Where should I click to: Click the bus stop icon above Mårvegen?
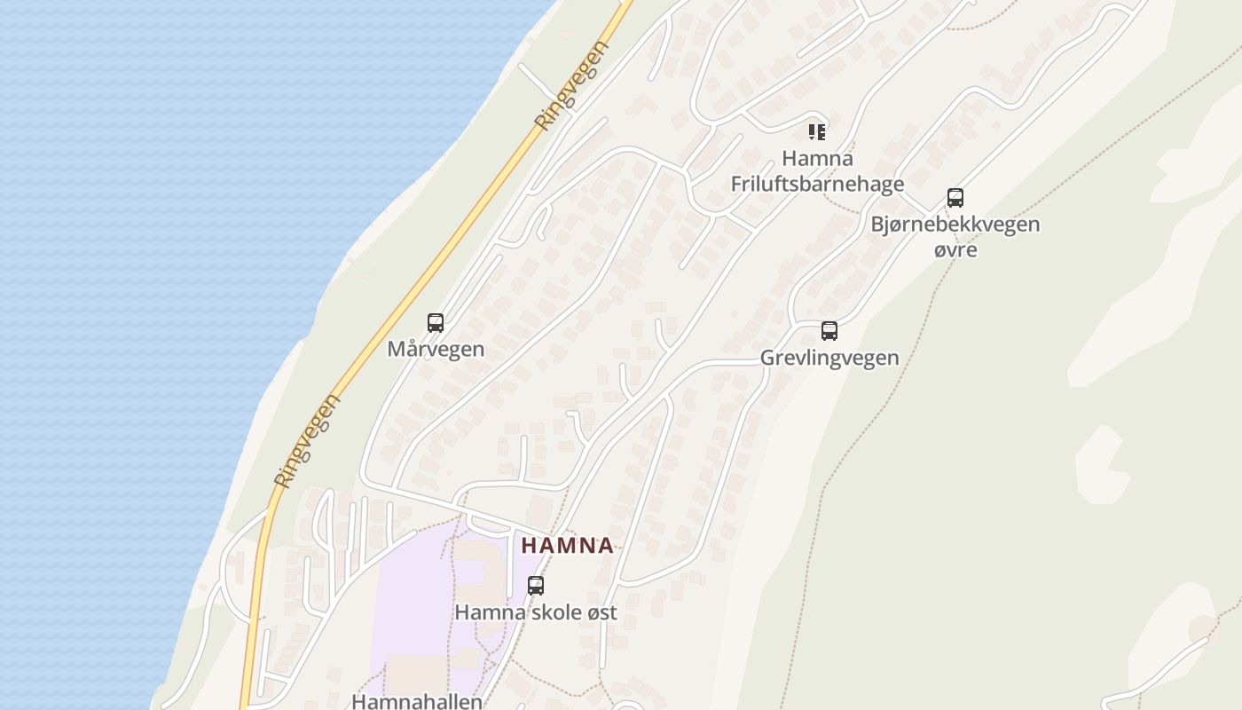(436, 323)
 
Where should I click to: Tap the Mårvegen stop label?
(436, 349)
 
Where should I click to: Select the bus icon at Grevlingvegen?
(829, 331)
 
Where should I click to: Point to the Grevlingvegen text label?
(829, 358)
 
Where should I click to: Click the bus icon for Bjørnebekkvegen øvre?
(955, 198)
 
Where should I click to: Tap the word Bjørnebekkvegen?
(955, 225)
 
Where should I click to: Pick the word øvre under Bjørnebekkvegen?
(955, 249)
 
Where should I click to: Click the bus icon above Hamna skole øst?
(536, 586)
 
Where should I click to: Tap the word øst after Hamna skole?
(600, 612)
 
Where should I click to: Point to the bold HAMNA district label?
(568, 545)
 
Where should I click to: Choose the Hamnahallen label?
(417, 701)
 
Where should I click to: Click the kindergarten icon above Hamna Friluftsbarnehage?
(817, 133)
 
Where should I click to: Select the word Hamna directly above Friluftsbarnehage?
(817, 159)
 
